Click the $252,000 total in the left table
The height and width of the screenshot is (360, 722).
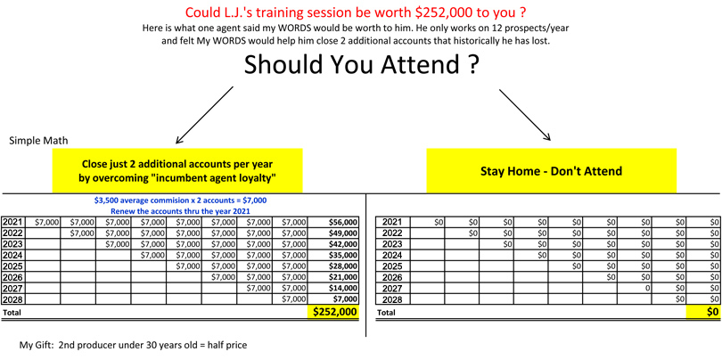pyautogui.click(x=335, y=312)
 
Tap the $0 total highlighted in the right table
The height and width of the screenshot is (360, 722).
pyautogui.click(x=713, y=312)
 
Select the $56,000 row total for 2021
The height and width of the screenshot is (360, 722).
pyautogui.click(x=343, y=222)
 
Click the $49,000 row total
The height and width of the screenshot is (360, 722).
pyautogui.click(x=343, y=233)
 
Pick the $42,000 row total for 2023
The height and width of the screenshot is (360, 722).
pyautogui.click(x=343, y=244)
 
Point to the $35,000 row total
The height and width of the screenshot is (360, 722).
pyautogui.click(x=343, y=255)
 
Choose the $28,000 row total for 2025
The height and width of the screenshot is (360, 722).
pyautogui.click(x=343, y=266)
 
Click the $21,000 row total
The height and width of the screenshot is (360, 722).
pyautogui.click(x=343, y=277)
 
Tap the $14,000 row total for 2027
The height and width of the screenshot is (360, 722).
pyautogui.click(x=343, y=288)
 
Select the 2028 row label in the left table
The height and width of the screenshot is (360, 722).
pyautogui.click(x=12, y=299)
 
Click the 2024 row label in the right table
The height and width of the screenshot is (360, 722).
pyautogui.click(x=393, y=255)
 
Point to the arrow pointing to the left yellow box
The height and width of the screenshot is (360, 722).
pyautogui.click(x=205, y=115)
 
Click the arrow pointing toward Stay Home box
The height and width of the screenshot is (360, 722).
pyautogui.click(x=525, y=115)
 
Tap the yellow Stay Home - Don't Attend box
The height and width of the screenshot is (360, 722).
pyautogui.click(x=551, y=170)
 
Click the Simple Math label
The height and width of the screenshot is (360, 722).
pyautogui.click(x=38, y=141)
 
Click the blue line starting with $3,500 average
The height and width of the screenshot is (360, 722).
pyautogui.click(x=180, y=200)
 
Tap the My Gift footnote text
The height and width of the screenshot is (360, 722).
pyautogui.click(x=133, y=345)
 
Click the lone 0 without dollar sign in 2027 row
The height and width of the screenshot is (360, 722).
pyautogui.click(x=648, y=288)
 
